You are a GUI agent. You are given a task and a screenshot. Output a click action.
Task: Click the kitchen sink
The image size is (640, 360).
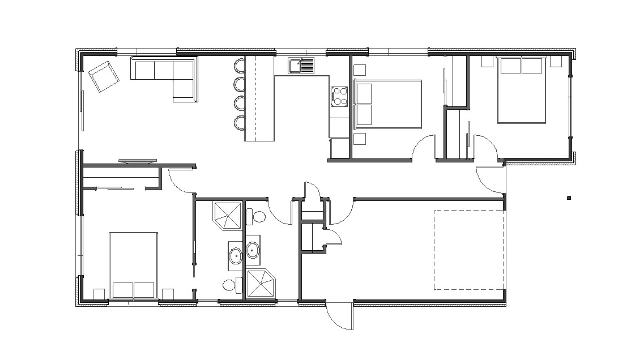point(301,65)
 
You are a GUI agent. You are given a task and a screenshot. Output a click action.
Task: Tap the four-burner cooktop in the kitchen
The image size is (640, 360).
point(339,96)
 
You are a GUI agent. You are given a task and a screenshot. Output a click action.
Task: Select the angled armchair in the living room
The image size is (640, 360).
point(104,76)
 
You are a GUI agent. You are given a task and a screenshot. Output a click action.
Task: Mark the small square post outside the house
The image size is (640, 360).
point(569,198)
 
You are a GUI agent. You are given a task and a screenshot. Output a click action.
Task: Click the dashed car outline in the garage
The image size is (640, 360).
point(469,250)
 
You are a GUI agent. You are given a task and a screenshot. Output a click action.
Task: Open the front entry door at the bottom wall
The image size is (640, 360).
point(339,315)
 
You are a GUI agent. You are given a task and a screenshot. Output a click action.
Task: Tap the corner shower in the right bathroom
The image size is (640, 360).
point(262,283)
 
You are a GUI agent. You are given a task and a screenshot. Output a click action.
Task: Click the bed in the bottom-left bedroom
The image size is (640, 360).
point(133,265)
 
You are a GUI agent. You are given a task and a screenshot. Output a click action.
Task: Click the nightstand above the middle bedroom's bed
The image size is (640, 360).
point(359,70)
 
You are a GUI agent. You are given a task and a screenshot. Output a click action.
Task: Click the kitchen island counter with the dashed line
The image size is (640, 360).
point(259,99)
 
